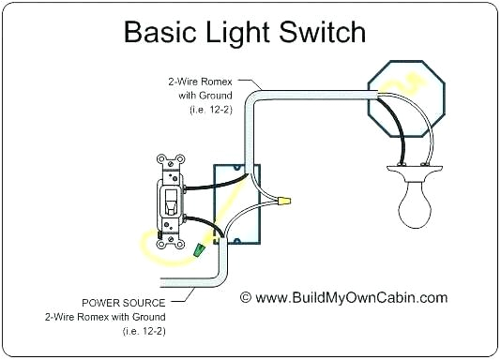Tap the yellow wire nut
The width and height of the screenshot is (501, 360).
(282, 200)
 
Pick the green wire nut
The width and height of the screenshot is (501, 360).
(201, 250)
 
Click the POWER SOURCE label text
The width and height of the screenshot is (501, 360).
(125, 303)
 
